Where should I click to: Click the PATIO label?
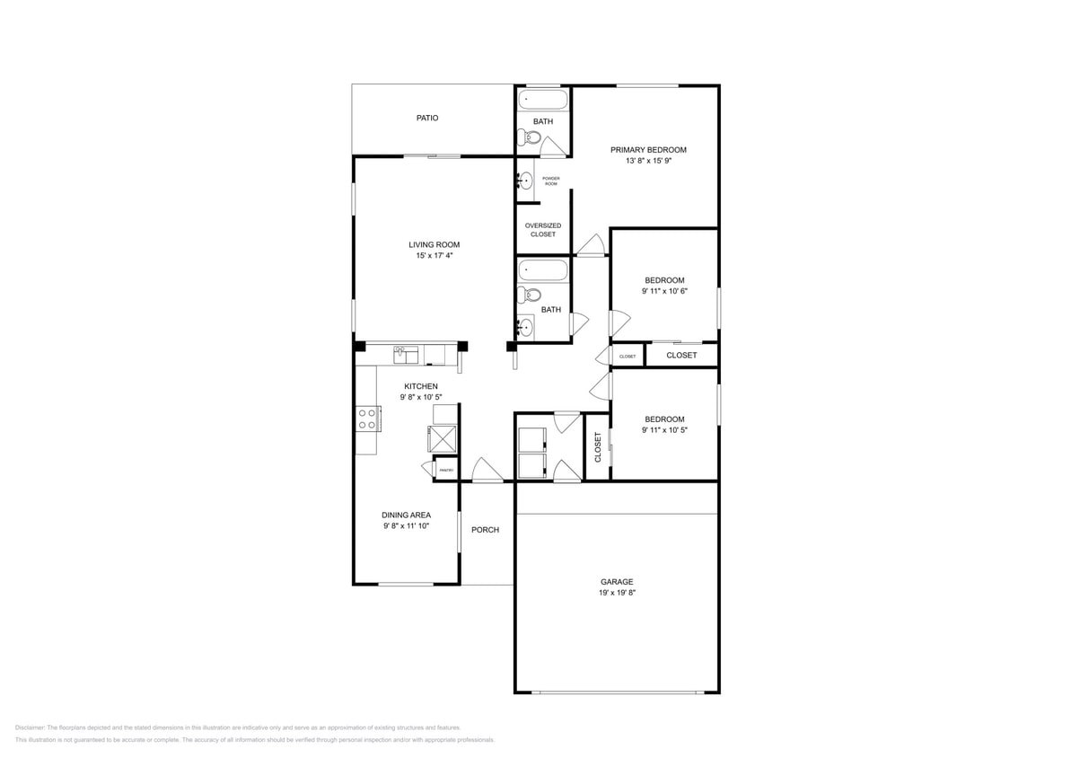[x=427, y=118]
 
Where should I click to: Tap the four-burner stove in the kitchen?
[x=367, y=419]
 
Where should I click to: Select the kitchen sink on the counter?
[x=407, y=356]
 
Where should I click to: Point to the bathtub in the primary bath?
[x=544, y=100]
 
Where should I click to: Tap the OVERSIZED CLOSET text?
[x=543, y=230]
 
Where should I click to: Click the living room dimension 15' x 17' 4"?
[x=435, y=256]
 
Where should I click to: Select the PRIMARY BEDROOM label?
[x=648, y=150]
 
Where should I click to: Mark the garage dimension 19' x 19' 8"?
[x=617, y=593]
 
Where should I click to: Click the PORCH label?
[x=485, y=530]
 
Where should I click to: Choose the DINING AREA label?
[x=406, y=516]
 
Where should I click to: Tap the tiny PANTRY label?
[x=445, y=471]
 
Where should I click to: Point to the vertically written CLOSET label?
[x=598, y=447]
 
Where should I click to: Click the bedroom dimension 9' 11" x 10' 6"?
[x=664, y=291]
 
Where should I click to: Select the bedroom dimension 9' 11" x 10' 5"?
[x=664, y=430]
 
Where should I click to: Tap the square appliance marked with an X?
[x=443, y=438]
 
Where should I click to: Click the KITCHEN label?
[x=420, y=386]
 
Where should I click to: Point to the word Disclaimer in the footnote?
[x=30, y=727]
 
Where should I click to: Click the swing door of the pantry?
[x=427, y=468]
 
